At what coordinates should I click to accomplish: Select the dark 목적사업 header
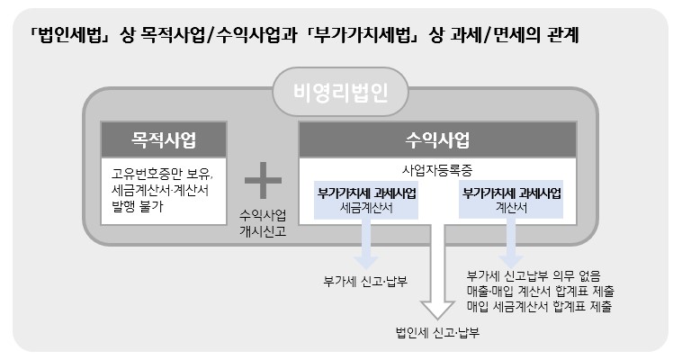tap(164, 141)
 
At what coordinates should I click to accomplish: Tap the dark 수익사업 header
tap(444, 141)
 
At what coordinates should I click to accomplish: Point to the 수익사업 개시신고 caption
tap(263, 222)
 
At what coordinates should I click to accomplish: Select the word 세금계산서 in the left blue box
tap(366, 206)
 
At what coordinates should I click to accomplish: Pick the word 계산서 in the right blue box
tap(511, 206)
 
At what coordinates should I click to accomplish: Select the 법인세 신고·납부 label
tap(436, 333)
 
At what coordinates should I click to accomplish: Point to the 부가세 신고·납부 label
tap(366, 278)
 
